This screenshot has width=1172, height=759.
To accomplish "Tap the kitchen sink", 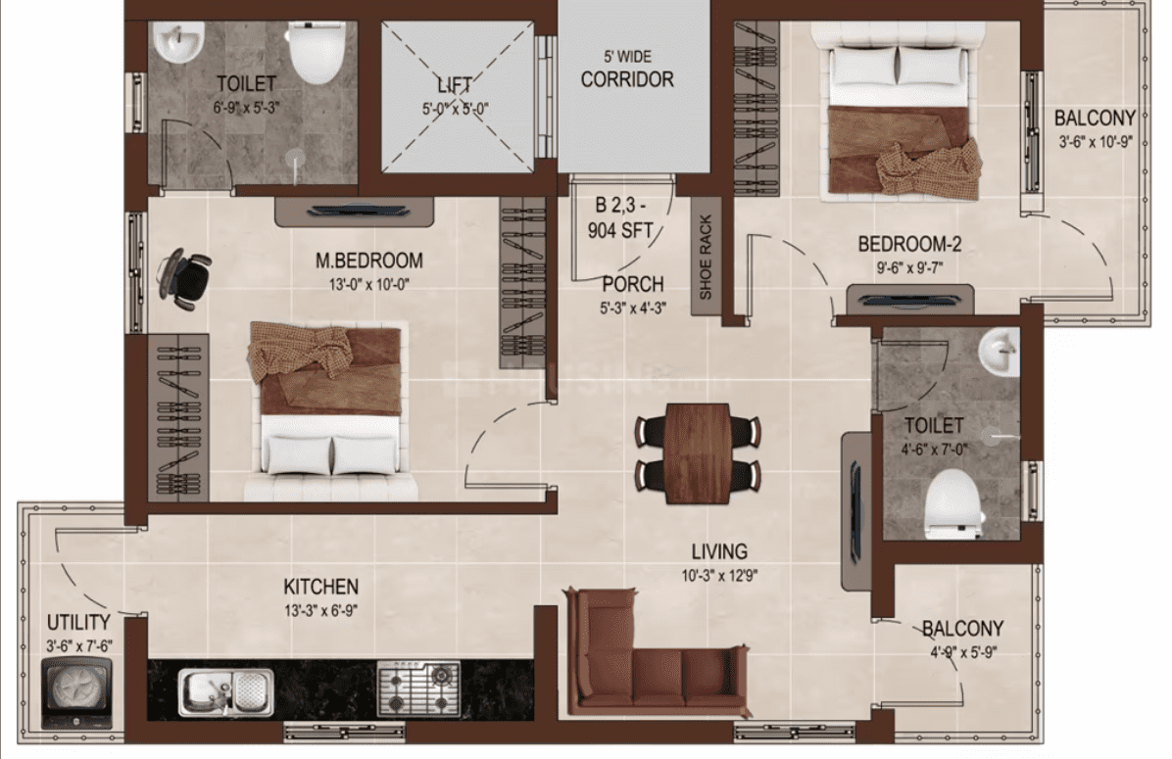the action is click(x=225, y=691).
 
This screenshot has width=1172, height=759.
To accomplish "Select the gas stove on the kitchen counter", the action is click(x=417, y=688).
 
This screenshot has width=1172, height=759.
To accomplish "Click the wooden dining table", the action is click(x=698, y=452).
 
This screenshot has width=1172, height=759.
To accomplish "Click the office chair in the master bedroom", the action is click(x=184, y=277).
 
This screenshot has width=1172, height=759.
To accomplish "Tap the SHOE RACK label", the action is click(x=705, y=258).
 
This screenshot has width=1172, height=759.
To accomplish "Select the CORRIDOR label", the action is click(x=627, y=79).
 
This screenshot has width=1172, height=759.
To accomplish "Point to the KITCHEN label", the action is click(x=320, y=588).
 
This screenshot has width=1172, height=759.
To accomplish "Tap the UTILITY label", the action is click(x=78, y=622).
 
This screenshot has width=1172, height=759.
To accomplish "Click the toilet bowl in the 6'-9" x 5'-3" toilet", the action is click(x=317, y=52).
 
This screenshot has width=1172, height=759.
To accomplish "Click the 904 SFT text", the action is click(x=620, y=231).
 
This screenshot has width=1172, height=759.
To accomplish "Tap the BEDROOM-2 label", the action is click(x=909, y=244).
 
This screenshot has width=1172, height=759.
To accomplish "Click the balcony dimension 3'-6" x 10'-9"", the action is click(x=1095, y=141).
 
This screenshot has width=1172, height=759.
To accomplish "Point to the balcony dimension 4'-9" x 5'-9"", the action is click(x=962, y=652).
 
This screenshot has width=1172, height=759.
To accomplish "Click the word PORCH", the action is click(x=633, y=285).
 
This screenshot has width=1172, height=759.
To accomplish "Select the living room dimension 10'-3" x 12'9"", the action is click(x=719, y=575).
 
